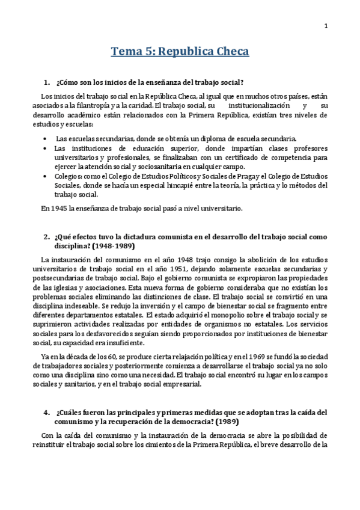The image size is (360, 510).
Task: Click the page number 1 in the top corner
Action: point(325,25)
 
